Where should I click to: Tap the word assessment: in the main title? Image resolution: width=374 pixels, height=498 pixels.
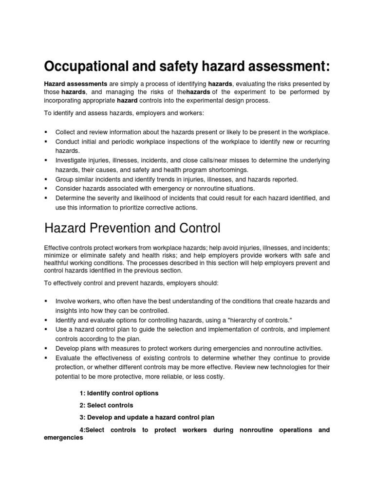point(283,66)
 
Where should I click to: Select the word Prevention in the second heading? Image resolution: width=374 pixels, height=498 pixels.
point(114,228)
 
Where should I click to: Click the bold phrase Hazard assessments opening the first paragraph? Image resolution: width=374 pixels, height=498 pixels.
point(75,84)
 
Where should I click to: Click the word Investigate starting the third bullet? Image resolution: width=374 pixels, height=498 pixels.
point(72,160)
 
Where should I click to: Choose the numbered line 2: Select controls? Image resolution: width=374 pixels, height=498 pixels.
point(106,405)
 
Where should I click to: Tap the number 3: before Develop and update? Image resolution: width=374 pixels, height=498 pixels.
point(82,417)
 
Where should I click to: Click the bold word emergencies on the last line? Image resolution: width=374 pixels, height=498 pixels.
point(63,437)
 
